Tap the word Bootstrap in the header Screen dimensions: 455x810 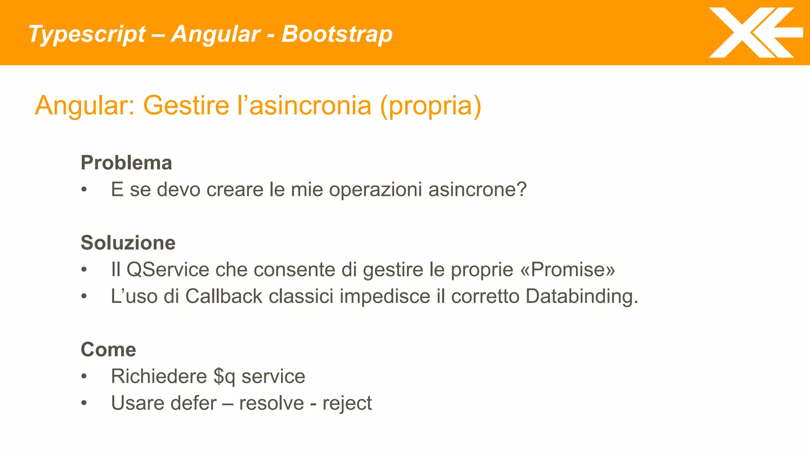(337, 34)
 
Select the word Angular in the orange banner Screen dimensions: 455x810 (216, 34)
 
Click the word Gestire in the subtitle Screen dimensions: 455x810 (186, 105)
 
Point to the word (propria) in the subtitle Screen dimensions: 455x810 (430, 105)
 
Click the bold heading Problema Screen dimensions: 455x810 (126, 163)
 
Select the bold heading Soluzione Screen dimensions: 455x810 (128, 243)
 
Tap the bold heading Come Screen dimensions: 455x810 (108, 350)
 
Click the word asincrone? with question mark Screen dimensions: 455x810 (477, 190)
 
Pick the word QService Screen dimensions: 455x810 (168, 270)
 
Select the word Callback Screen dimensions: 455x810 (223, 296)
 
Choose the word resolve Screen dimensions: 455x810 (271, 403)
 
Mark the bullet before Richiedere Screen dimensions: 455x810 (84, 376)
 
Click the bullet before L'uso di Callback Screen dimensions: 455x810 (84, 296)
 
